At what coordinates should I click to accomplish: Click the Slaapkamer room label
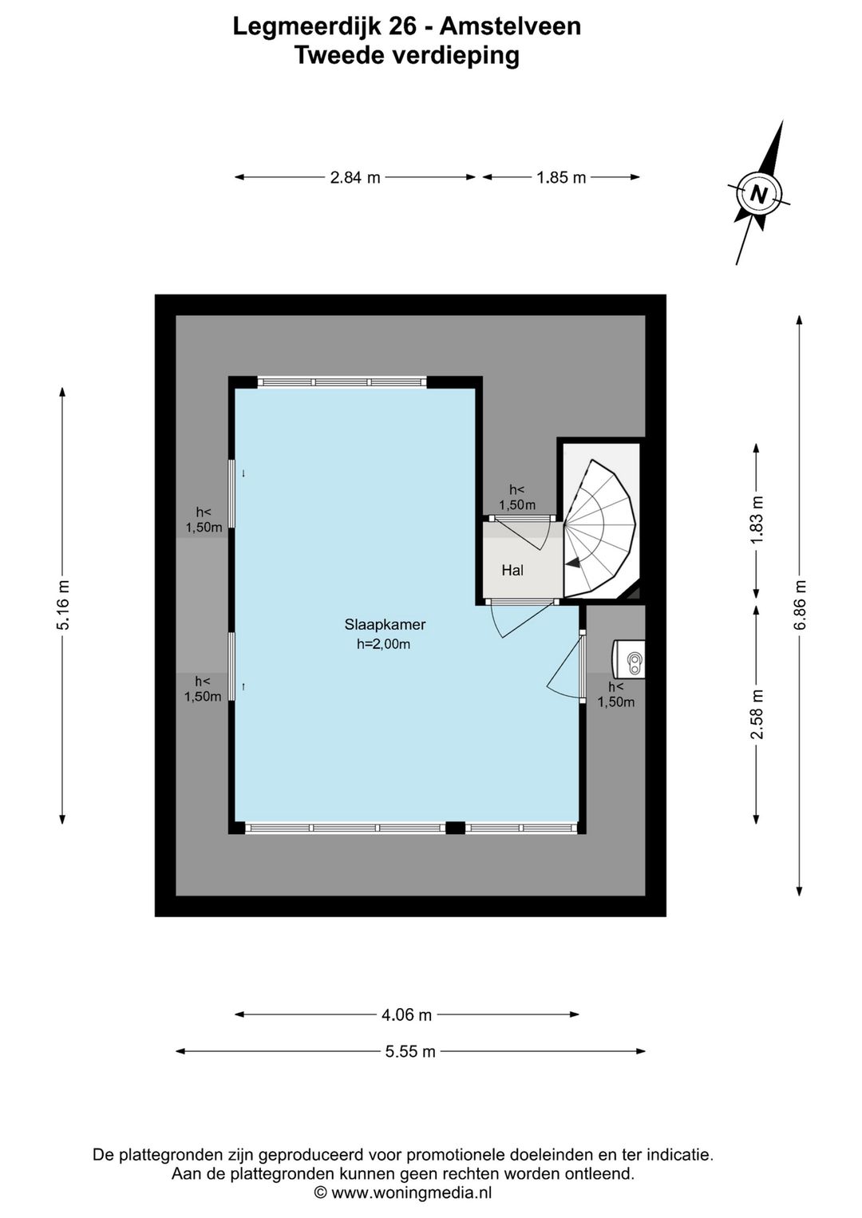coord(385,624)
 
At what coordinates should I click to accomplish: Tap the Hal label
coord(512,570)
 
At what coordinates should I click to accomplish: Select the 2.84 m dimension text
coord(355,177)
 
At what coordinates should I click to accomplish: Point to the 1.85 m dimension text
coord(561,177)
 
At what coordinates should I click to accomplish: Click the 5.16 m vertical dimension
coord(64,605)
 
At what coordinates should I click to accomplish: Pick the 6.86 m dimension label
coord(800,605)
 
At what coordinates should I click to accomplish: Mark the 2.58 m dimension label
coord(757,714)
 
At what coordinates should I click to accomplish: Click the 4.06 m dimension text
coord(407,1014)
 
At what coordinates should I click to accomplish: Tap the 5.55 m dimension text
coord(410,1052)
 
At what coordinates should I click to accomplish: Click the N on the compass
coord(757,194)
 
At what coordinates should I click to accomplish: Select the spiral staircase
coord(600,528)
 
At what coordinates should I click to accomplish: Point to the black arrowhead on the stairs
coord(572,564)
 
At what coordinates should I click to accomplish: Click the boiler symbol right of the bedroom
coord(629,659)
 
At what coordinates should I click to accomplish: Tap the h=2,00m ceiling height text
coord(383,644)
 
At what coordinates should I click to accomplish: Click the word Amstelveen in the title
coord(510,26)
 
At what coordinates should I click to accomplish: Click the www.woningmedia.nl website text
coord(412,1192)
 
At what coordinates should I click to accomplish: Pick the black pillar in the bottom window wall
coord(455,828)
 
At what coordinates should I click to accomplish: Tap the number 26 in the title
coord(405,26)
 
